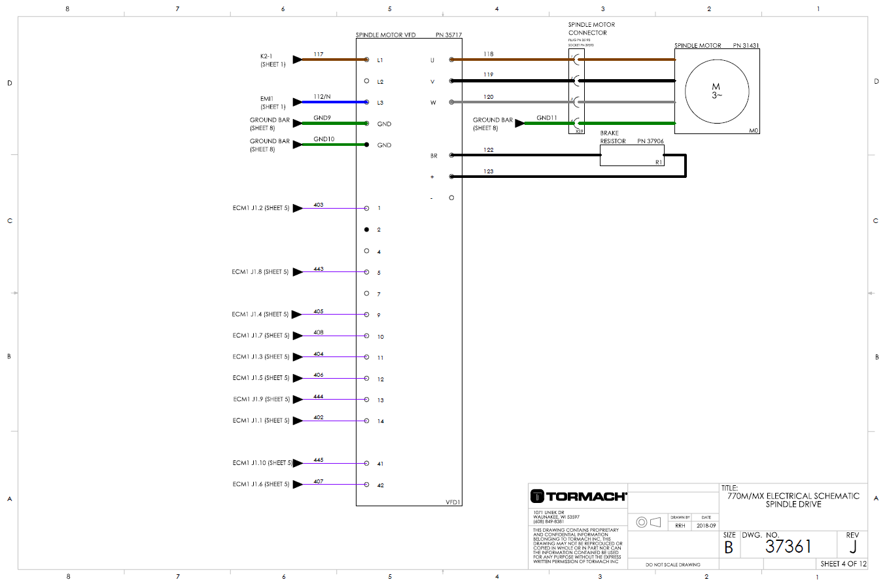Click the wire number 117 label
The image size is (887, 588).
point(318,54)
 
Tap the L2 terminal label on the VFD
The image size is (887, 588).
point(380,82)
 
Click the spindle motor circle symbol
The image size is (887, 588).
point(716,91)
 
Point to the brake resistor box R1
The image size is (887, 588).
point(631,156)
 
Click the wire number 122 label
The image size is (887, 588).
point(488,150)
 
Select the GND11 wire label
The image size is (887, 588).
point(546,118)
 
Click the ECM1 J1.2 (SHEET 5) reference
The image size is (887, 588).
point(260,208)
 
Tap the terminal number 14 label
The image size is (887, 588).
point(380,421)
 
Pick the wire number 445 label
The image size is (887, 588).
point(318,460)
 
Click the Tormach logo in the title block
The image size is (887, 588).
point(578,496)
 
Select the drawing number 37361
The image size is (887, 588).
point(788,547)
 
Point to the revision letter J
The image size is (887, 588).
point(852,547)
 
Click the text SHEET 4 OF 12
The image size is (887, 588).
point(843,563)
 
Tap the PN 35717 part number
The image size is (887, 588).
point(448,35)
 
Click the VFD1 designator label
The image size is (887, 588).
point(453,502)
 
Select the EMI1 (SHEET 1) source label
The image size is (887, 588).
point(272,103)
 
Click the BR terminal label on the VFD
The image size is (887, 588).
point(433,156)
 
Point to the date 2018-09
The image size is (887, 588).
point(706,525)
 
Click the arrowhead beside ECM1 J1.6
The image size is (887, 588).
point(298,484)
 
